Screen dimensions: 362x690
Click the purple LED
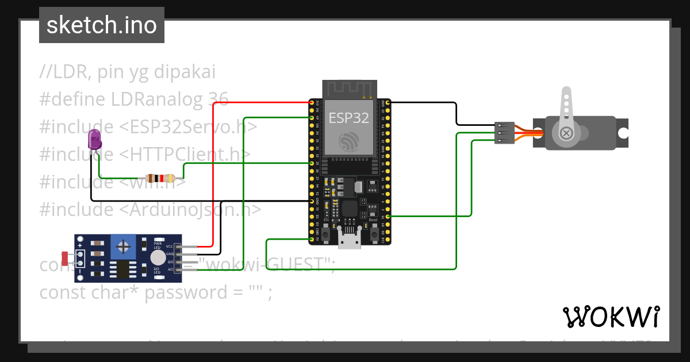pyautogui.click(x=94, y=140)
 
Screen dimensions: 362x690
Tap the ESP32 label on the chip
pyautogui.click(x=342, y=118)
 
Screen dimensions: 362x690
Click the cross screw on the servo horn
pyautogui.click(x=566, y=133)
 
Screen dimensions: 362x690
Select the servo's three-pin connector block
pyautogui.click(x=504, y=133)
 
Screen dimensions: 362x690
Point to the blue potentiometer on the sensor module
pyautogui.click(x=123, y=247)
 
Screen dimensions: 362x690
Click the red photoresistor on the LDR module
pyautogui.click(x=65, y=259)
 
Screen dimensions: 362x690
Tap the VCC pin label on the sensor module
pyautogui.click(x=170, y=247)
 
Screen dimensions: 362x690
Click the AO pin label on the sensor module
pyautogui.click(x=170, y=269)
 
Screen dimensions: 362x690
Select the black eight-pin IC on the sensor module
pyautogui.click(x=122, y=269)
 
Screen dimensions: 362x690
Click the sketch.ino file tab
pyautogui.click(x=102, y=25)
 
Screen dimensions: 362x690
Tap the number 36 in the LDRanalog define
pyautogui.click(x=218, y=99)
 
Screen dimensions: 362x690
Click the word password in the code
pyautogui.click(x=179, y=292)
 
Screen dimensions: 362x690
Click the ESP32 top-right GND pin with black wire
pyautogui.click(x=388, y=102)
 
